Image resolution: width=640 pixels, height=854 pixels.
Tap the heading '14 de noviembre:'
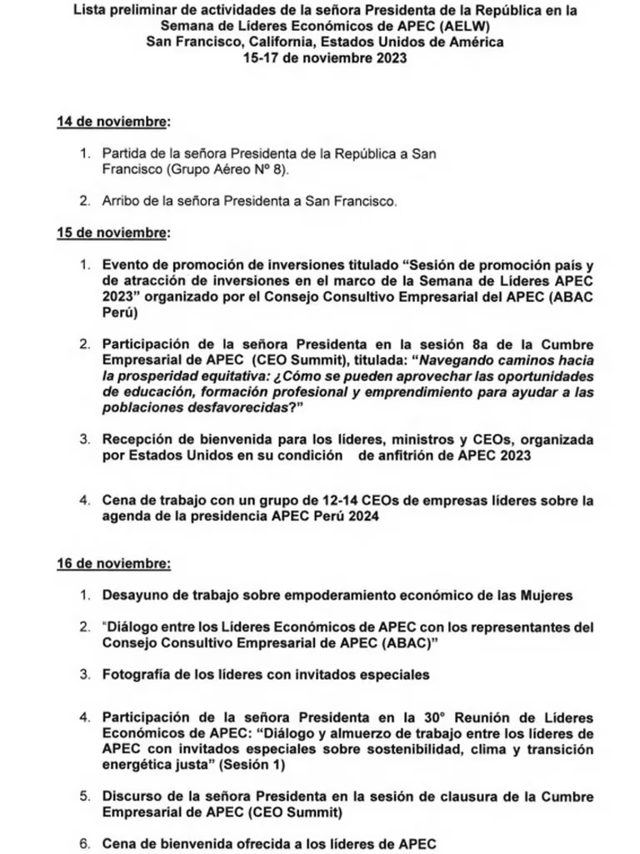pyautogui.click(x=112, y=122)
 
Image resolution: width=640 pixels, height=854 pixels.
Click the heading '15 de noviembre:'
pyautogui.click(x=112, y=232)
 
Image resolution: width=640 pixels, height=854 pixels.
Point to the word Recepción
pyautogui.click(x=137, y=439)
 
